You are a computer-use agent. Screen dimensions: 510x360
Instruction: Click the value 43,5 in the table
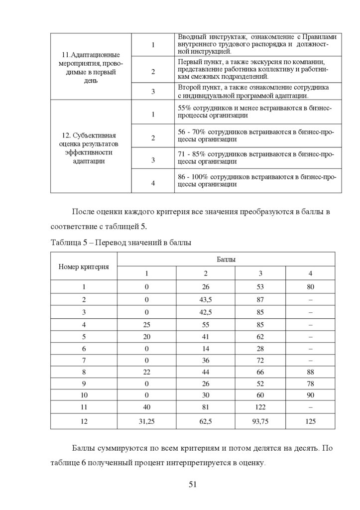click(206, 300)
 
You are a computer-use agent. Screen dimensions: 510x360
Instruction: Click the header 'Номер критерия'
click(84, 266)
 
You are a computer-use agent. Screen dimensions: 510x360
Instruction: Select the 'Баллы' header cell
click(226, 259)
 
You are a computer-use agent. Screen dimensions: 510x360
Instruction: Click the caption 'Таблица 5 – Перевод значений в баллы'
click(121, 243)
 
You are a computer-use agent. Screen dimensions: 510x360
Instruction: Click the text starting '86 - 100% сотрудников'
click(255, 180)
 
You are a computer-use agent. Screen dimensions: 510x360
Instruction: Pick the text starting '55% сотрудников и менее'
click(255, 112)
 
